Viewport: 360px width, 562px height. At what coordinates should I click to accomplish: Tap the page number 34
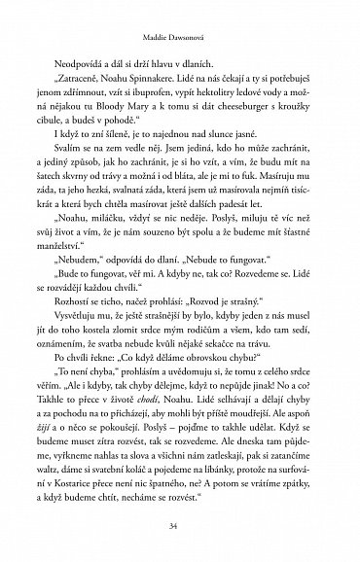[x=180, y=527]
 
